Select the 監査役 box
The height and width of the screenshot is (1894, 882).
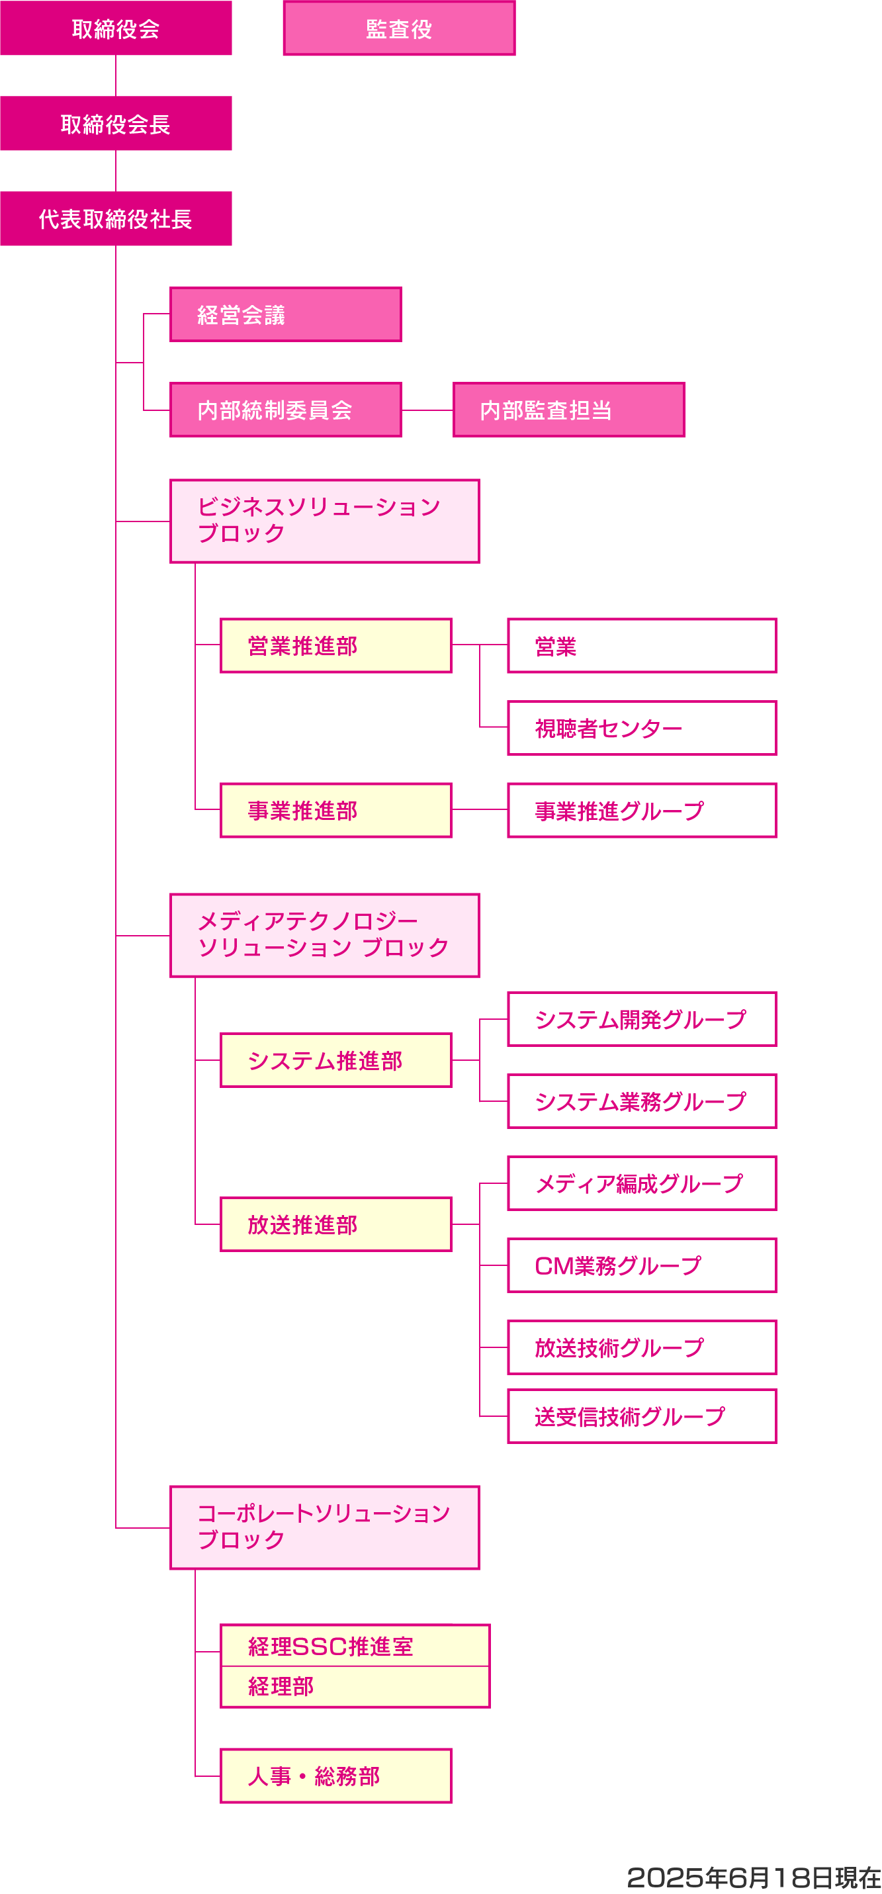click(399, 28)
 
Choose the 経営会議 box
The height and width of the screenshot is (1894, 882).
click(285, 315)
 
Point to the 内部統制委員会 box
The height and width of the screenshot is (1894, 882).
click(285, 410)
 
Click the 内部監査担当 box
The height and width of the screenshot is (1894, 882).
click(568, 410)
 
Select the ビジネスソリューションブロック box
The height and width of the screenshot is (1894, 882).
click(324, 521)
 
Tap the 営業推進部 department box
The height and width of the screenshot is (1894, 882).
click(336, 645)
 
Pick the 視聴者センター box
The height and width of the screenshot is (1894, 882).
click(642, 728)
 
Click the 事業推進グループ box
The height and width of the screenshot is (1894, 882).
click(642, 810)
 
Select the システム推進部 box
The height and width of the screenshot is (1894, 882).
click(336, 1060)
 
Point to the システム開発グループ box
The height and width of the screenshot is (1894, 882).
click(642, 1019)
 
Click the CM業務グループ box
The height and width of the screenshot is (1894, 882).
click(642, 1265)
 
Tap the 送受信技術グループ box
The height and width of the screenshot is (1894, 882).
click(642, 1416)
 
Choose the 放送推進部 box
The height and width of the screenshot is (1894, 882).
click(336, 1224)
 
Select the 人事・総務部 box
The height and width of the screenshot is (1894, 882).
click(336, 1776)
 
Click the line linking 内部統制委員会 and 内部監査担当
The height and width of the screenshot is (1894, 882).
click(427, 410)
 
